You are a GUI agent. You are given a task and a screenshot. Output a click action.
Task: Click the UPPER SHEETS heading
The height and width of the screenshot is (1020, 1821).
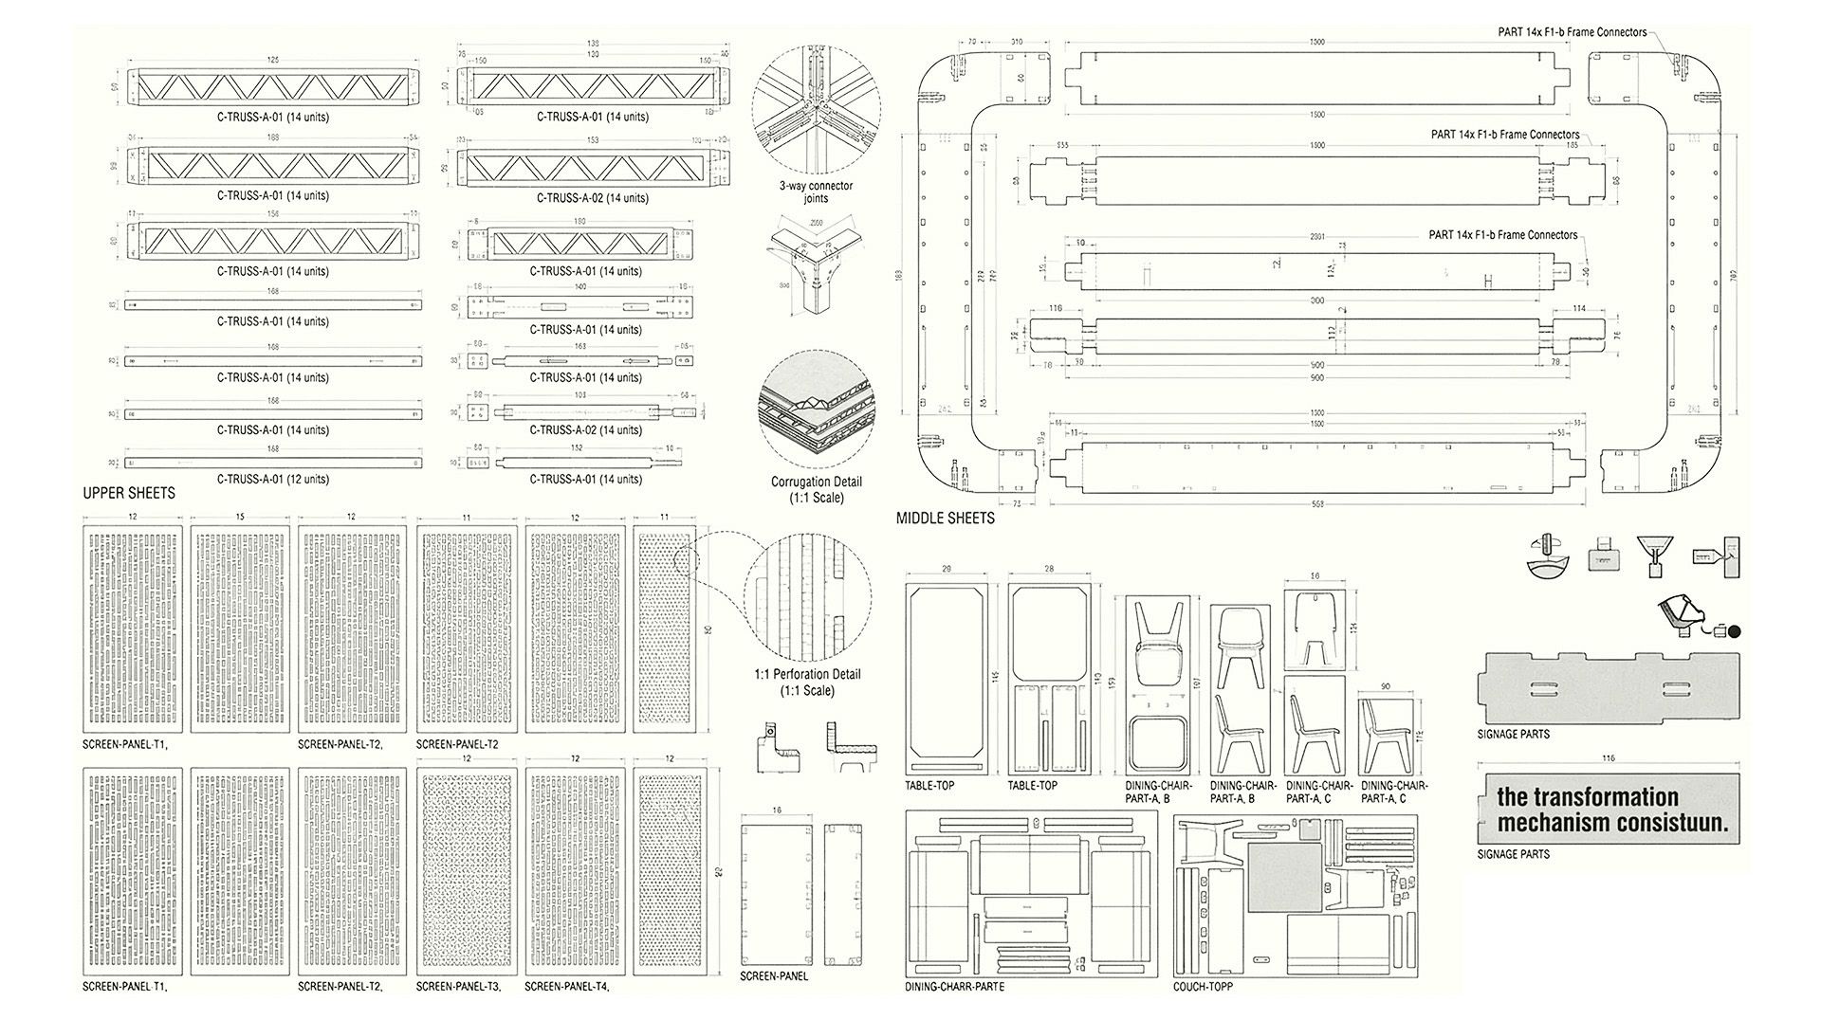129,493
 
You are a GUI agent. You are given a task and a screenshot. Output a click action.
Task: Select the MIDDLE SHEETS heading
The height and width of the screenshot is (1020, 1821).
945,519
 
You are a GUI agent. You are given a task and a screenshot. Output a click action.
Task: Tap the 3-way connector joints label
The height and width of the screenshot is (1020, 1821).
816,191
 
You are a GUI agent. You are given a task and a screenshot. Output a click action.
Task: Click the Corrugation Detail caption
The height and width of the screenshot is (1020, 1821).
816,489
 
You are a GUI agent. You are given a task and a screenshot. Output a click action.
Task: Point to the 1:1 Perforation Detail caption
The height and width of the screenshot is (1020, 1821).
807,682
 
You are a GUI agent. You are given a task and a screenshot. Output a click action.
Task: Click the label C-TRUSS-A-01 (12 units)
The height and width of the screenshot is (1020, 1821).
272,480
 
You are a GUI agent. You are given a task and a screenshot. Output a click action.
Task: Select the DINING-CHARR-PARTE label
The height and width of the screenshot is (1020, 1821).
954,987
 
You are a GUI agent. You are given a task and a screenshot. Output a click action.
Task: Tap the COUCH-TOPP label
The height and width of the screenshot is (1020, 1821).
1203,987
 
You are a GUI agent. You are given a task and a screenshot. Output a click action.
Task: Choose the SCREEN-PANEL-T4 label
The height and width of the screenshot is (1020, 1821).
566,987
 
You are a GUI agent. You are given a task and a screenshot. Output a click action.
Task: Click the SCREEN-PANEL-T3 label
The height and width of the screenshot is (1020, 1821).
458,987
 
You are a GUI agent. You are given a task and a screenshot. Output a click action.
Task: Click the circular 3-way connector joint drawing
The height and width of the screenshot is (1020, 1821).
816,106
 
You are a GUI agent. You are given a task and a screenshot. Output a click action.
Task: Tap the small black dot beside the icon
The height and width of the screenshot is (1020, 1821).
1734,632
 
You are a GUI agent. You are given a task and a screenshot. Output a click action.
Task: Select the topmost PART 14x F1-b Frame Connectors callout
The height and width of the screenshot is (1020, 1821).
1572,32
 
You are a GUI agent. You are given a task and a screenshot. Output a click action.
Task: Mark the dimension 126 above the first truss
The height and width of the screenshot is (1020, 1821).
273,61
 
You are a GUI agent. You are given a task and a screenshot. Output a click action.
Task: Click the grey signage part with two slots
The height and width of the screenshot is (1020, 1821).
1607,688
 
